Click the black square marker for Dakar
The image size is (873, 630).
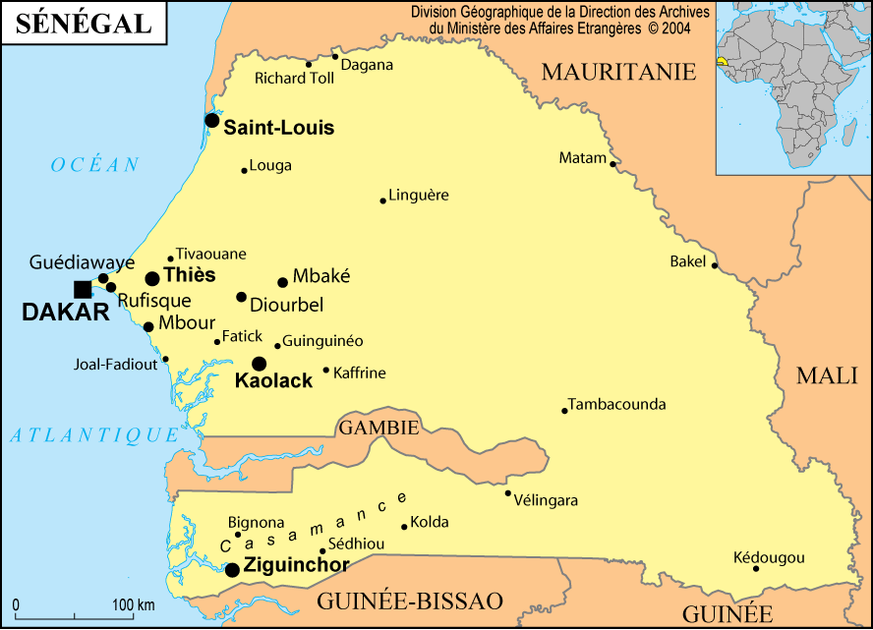coord(83,289)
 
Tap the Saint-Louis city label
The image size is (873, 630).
coord(278,128)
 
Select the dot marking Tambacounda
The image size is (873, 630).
coord(565,410)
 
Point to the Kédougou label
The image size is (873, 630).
coord(769,558)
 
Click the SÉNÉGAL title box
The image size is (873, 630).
coord(84,24)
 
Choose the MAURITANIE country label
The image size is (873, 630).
coord(618,72)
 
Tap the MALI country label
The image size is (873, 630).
coord(827,374)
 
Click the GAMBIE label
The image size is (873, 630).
coord(379,428)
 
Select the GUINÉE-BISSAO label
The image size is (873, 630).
coord(409,601)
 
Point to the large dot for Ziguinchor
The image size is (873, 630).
coord(232,570)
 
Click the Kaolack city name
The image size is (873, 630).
coord(273,380)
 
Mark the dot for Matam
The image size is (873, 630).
coord(612,164)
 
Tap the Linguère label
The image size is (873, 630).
coord(419,195)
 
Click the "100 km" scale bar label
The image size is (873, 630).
coord(133,602)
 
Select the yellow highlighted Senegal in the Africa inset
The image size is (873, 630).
coord(723,61)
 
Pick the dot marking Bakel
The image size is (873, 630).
coord(715,265)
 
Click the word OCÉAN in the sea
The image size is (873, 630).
coord(95,165)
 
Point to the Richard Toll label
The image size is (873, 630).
coord(294,78)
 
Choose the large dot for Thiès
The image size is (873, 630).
coord(152,279)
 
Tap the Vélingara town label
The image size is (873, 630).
coord(547,500)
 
